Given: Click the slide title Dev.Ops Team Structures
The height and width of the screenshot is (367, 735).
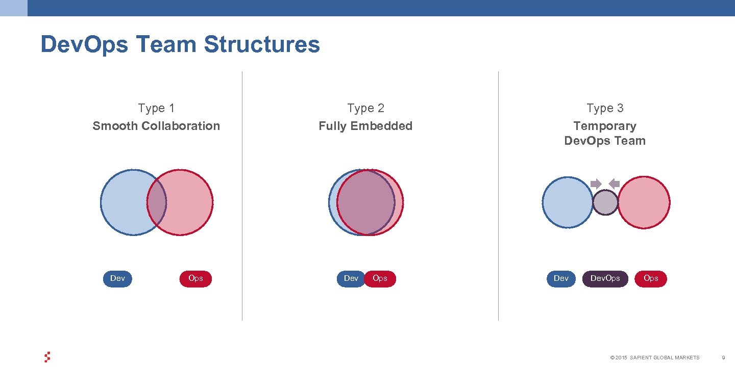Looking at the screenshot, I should click(x=180, y=44).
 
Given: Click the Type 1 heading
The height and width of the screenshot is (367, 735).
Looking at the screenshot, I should click(x=156, y=108).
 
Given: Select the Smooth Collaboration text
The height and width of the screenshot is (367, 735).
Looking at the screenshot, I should click(x=156, y=126).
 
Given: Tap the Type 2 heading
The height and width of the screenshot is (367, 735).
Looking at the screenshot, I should click(x=365, y=108).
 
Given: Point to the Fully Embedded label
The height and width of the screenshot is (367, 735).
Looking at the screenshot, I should click(x=365, y=126).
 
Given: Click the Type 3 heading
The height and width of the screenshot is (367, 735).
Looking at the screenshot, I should click(x=605, y=108).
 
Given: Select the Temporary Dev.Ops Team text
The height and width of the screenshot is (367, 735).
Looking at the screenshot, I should click(x=605, y=134).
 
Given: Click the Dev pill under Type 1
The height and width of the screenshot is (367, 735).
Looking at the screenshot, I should click(x=117, y=278).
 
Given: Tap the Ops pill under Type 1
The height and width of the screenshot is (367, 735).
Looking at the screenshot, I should click(x=195, y=278).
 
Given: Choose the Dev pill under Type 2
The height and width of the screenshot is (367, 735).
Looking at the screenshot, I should click(x=350, y=278).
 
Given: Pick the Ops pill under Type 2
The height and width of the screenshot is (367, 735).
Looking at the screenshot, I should click(x=381, y=278).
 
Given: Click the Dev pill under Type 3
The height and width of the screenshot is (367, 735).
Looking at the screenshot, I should click(x=561, y=278).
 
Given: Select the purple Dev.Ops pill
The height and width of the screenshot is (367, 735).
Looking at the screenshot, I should click(x=605, y=278).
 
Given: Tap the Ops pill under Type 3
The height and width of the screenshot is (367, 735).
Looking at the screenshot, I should click(x=651, y=278).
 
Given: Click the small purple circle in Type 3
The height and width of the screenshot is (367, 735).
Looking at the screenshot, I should click(x=605, y=202).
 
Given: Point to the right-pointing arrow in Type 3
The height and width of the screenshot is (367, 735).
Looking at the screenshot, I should click(x=596, y=183).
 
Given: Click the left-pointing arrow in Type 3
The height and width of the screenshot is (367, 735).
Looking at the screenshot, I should click(x=615, y=183).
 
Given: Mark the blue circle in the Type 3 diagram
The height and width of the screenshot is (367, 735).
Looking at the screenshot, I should click(x=568, y=202).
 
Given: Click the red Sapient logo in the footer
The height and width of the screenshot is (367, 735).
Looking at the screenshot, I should click(x=47, y=357).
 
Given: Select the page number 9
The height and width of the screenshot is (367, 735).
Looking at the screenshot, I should click(x=723, y=358).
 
